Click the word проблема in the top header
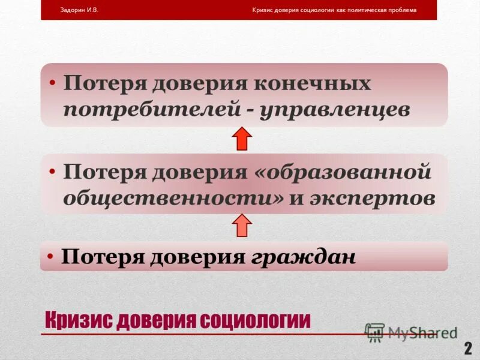401,10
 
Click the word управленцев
335,110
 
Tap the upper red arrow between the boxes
242,139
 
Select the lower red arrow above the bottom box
242,225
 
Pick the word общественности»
174,199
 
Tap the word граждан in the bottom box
304,257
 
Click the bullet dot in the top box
53,83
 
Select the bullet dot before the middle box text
53,172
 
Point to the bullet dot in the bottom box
52,256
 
